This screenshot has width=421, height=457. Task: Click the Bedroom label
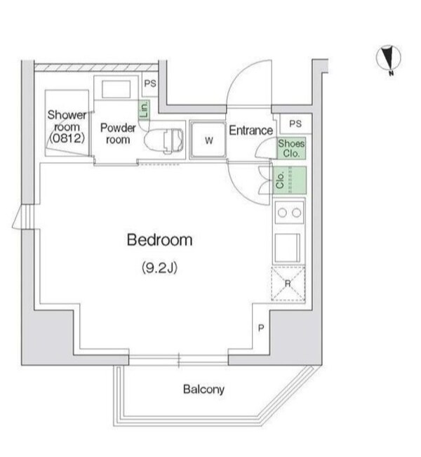tap(160, 240)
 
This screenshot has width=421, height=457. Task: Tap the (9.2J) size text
tap(160, 267)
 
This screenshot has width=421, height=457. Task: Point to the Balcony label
tap(203, 390)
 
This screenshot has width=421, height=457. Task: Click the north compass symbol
tap(389, 59)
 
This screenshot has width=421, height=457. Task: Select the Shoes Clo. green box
tap(291, 148)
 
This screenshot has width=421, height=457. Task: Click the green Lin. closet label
tap(144, 110)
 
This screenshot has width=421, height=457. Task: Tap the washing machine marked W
tap(208, 140)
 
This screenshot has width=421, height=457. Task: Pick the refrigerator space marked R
tap(288, 284)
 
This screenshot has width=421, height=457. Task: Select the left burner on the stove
tap(282, 213)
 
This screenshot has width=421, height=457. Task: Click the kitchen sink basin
tap(287, 247)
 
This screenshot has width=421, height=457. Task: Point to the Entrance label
tap(251, 131)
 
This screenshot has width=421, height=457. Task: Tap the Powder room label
tap(118, 133)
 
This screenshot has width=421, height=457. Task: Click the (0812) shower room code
tap(67, 138)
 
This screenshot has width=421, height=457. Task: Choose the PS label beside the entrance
tap(295, 124)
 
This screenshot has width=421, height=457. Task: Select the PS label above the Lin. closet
tap(150, 84)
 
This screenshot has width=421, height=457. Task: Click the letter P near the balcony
tap(261, 328)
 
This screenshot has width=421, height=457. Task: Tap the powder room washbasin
tap(116, 89)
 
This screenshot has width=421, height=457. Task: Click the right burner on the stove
tap(296, 213)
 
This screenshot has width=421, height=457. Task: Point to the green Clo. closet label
tap(280, 180)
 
